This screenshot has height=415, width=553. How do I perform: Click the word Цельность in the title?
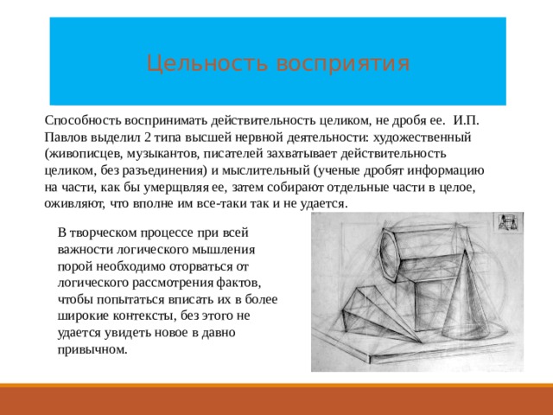click(x=195, y=63)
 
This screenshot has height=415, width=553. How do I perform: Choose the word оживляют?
click(x=73, y=204)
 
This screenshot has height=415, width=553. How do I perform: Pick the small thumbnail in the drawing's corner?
click(x=507, y=223)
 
